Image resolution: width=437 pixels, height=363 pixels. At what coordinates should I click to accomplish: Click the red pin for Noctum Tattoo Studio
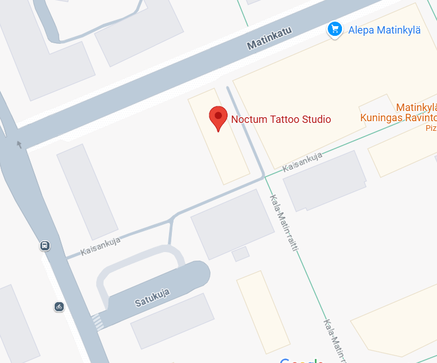pyautogui.click(x=218, y=118)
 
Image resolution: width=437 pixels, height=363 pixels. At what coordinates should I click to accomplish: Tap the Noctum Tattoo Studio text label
pyautogui.click(x=281, y=119)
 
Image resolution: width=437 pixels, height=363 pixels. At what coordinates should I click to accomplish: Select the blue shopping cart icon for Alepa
pyautogui.click(x=335, y=29)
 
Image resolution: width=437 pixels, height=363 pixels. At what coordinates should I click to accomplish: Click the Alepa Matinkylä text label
pyautogui.click(x=384, y=30)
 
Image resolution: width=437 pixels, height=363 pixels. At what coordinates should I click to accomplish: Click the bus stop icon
pyautogui.click(x=44, y=246)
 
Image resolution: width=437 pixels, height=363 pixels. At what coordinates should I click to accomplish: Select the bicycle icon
pyautogui.click(x=59, y=307)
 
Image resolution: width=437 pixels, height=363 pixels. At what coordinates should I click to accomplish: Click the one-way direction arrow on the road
pyautogui.click(x=20, y=145)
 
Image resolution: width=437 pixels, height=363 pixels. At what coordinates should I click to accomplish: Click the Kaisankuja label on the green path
pyautogui.click(x=303, y=162)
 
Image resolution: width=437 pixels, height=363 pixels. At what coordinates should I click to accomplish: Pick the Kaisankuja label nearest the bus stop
pyautogui.click(x=101, y=246)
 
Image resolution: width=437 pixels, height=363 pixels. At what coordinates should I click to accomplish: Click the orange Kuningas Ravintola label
pyautogui.click(x=398, y=118)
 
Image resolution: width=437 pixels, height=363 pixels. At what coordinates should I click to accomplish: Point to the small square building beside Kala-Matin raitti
pyautogui.click(x=241, y=254)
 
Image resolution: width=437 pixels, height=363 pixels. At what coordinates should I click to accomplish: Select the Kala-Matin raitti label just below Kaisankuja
pyautogui.click(x=284, y=224)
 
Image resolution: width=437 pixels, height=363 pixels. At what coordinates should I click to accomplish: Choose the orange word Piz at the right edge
pyautogui.click(x=431, y=128)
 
